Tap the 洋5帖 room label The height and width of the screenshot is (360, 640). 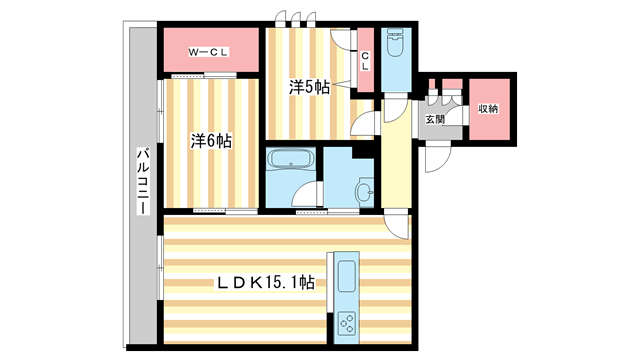pyautogui.click(x=310, y=88)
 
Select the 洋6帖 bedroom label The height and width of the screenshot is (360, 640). pyautogui.click(x=212, y=141)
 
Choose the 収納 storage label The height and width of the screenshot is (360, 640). pyautogui.click(x=487, y=108)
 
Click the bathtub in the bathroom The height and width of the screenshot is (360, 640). pyautogui.click(x=291, y=160)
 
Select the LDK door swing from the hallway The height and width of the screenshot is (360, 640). pyautogui.click(x=399, y=226)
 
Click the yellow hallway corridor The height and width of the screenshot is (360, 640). pyautogui.click(x=393, y=160)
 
